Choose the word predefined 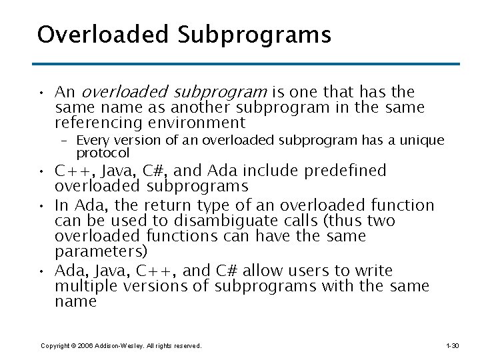pyautogui.click(x=345, y=171)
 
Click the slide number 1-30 pyautogui.click(x=452, y=346)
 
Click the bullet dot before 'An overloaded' pyautogui.click(x=41, y=93)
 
